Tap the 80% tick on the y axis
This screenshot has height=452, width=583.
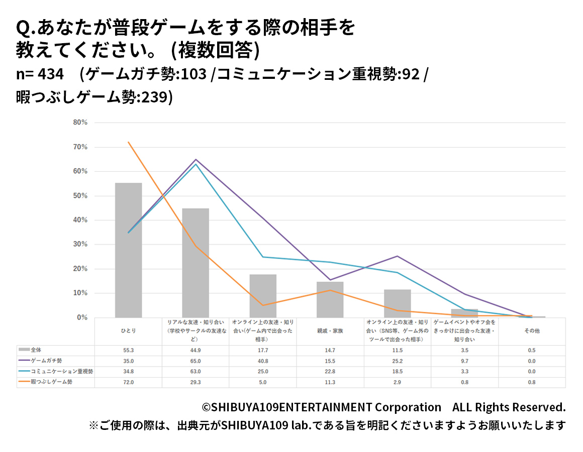tap(80, 123)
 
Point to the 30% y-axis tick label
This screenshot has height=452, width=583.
tap(80, 245)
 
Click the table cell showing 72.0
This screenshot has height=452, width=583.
tap(128, 382)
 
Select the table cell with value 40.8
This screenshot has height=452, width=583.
tap(263, 361)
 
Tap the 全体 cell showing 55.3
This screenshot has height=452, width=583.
tap(128, 350)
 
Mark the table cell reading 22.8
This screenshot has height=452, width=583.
tap(330, 372)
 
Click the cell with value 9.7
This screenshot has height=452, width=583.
tap(464, 361)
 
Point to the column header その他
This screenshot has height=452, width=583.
tap(532, 331)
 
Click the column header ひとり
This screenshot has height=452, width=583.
tap(128, 331)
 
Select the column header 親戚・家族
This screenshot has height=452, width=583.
tap(330, 331)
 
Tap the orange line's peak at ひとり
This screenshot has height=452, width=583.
tap(129, 142)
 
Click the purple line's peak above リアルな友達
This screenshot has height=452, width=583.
tap(196, 159)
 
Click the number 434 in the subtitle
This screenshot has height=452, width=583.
tap(50, 74)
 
